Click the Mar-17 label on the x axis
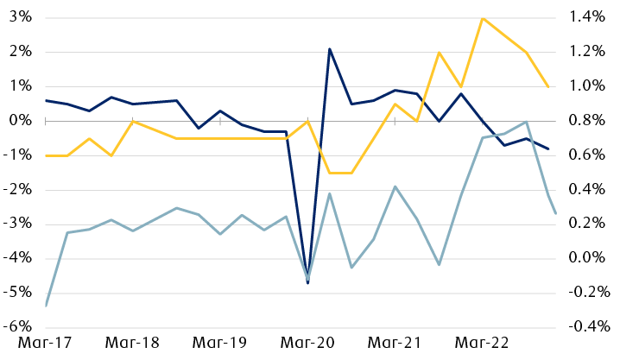coord(44,343)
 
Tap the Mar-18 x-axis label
coord(132,343)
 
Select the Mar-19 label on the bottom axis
coord(219,343)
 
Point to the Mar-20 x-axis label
coord(307,343)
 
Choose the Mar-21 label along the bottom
coord(395,343)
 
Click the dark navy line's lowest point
coord(307,283)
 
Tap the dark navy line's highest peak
coord(330,49)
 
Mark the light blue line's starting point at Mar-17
coord(45,306)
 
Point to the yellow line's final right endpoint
coord(548,86)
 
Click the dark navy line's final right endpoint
coord(548,148)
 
